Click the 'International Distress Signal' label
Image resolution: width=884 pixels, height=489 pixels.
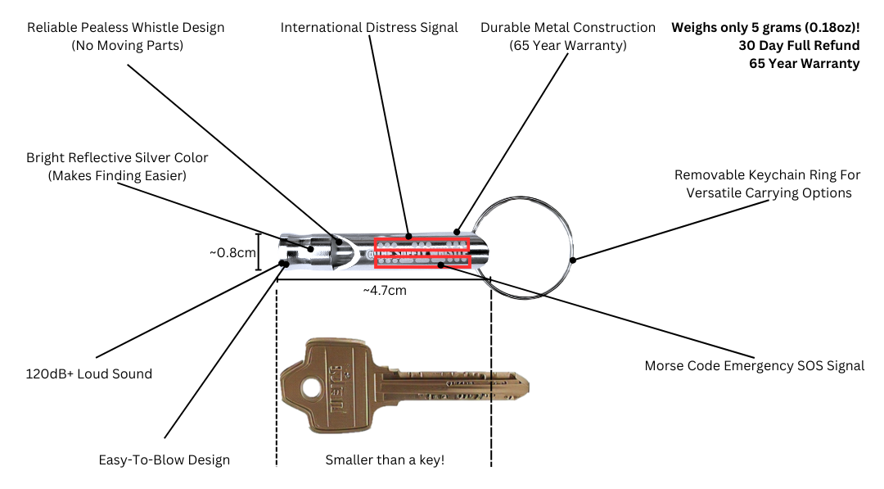[369, 28]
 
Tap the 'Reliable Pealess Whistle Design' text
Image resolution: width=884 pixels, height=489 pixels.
[125, 28]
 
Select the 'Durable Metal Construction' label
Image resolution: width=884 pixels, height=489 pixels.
[568, 28]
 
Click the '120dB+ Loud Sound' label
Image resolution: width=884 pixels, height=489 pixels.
[89, 374]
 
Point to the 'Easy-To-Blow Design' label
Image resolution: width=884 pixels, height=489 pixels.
[164, 460]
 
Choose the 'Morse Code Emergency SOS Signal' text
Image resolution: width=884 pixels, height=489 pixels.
[754, 366]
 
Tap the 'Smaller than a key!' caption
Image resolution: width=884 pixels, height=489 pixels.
[385, 460]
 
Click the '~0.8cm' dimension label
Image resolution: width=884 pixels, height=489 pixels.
[232, 252]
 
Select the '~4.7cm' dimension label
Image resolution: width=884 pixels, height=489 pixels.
[385, 290]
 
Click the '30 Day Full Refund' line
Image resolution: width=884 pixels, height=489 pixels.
[799, 45]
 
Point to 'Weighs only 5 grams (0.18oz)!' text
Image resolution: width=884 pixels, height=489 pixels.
[765, 27]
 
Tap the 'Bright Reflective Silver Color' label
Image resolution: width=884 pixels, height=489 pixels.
[117, 157]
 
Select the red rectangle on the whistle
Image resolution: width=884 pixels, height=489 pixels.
[422, 252]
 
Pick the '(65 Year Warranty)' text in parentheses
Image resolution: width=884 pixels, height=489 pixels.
[568, 46]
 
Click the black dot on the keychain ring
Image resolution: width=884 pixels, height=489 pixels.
[573, 260]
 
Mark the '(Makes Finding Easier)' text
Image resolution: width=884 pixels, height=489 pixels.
[117, 175]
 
